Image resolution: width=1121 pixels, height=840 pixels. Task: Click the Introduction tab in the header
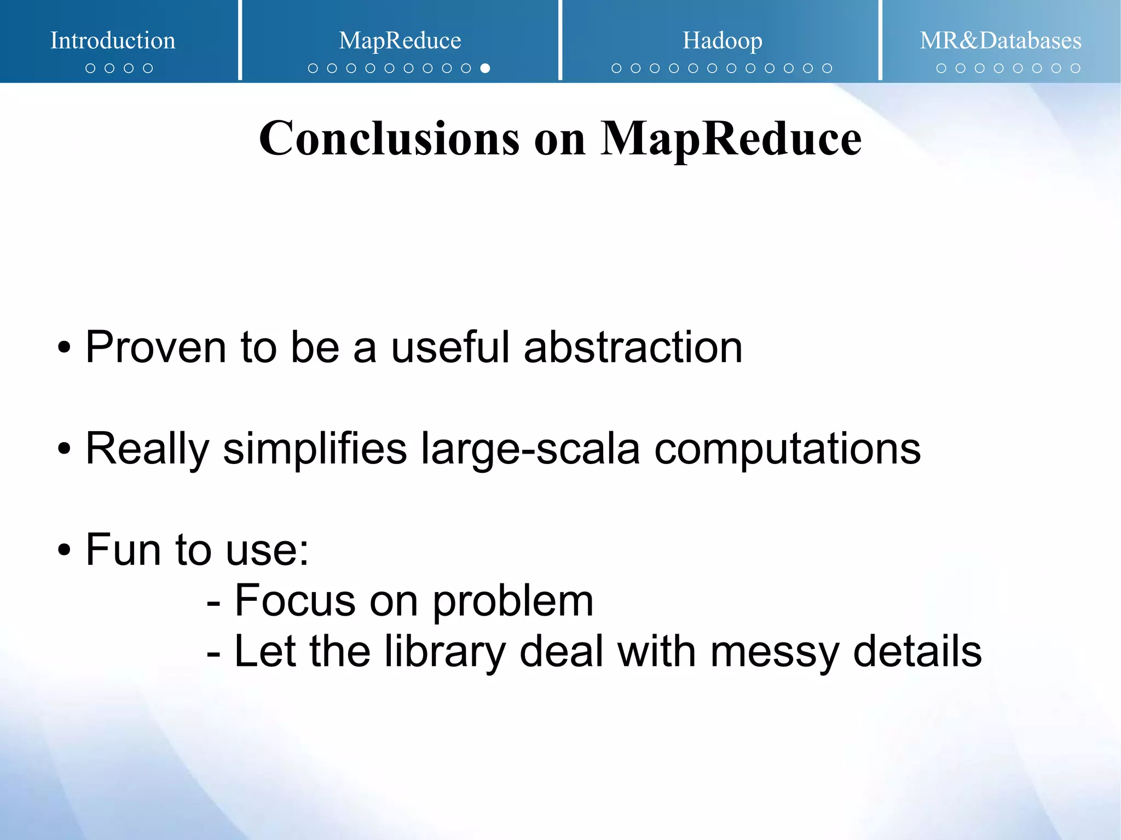click(113, 40)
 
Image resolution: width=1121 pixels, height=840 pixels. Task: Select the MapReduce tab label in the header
click(400, 40)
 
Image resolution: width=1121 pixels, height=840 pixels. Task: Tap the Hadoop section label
click(722, 40)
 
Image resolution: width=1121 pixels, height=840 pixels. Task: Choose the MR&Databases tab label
click(1000, 40)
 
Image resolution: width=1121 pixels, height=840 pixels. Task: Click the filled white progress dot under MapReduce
click(485, 68)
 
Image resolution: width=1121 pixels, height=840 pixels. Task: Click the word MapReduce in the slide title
click(731, 138)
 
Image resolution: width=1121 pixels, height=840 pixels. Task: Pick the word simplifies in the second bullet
click(315, 448)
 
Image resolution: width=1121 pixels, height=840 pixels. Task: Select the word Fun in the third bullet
click(123, 549)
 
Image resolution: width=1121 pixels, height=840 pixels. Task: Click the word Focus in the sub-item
click(295, 601)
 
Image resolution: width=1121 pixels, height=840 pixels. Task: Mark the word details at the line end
click(917, 651)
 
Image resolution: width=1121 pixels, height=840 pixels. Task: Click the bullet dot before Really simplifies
click(64, 449)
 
